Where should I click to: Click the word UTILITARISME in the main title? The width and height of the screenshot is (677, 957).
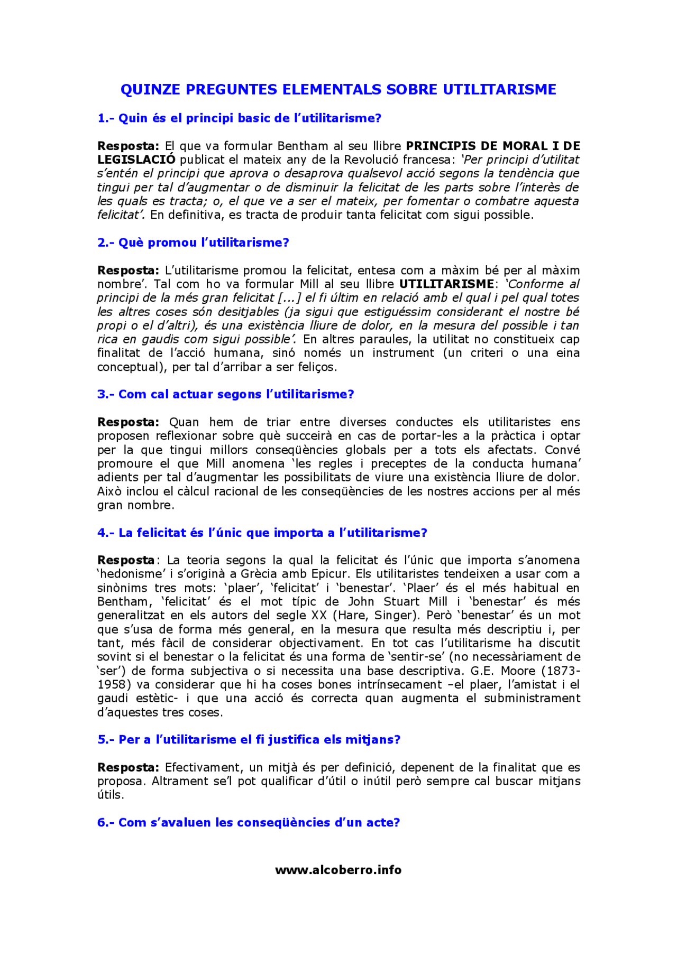pos(499,89)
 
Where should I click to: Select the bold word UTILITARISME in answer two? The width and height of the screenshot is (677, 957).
pos(446,284)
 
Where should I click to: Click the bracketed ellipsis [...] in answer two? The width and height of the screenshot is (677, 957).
pos(290,298)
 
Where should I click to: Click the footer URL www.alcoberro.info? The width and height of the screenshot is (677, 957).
pos(338,870)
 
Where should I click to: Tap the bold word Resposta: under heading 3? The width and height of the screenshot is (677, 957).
pos(128,422)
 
